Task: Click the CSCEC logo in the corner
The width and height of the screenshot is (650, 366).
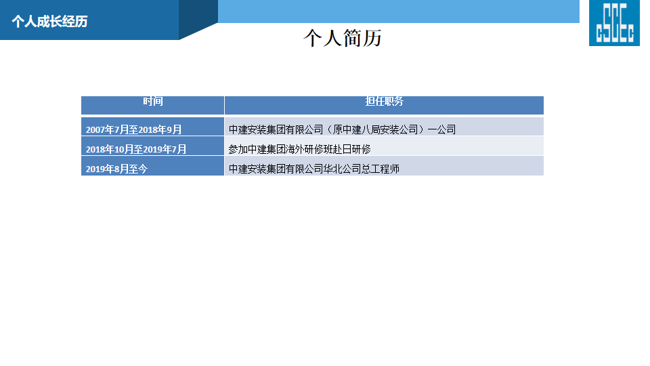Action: [614, 23]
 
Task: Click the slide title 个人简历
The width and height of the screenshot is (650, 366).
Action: [343, 38]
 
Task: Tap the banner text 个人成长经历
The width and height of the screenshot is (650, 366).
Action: [49, 21]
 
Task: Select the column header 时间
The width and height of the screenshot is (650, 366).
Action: [153, 101]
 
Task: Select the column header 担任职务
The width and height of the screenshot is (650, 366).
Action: [385, 101]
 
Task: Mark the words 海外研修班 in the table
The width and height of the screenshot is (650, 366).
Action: [308, 149]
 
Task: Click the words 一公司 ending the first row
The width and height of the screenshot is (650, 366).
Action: [442, 129]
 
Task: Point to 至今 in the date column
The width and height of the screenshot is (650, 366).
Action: [138, 169]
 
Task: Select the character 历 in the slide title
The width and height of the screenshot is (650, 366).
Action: [372, 38]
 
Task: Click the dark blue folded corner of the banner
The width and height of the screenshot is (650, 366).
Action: [198, 20]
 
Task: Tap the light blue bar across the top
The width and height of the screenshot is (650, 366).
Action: [398, 12]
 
